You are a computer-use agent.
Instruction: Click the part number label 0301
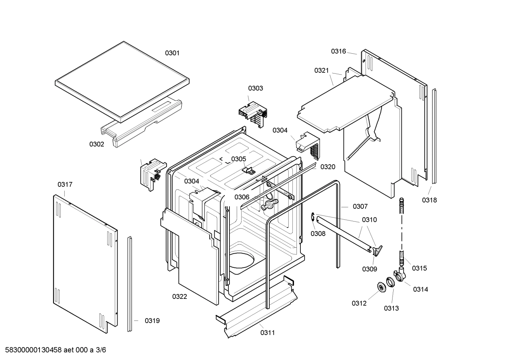pos(172,53)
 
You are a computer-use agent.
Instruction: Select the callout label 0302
pos(96,144)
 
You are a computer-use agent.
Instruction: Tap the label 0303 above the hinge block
pos(255,88)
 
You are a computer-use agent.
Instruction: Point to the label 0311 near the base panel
pos(268,332)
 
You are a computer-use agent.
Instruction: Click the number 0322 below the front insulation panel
pos(180,297)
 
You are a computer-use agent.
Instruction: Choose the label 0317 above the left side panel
pos(65,184)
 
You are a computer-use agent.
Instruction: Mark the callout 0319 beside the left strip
pos(152,321)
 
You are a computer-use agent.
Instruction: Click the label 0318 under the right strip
pos(429,200)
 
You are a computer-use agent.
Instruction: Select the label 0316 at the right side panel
pos(338,52)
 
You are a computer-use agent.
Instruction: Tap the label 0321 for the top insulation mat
pos(322,71)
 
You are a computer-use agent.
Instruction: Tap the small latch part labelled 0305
pos(249,170)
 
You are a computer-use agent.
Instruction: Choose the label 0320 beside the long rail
pos(328,167)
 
